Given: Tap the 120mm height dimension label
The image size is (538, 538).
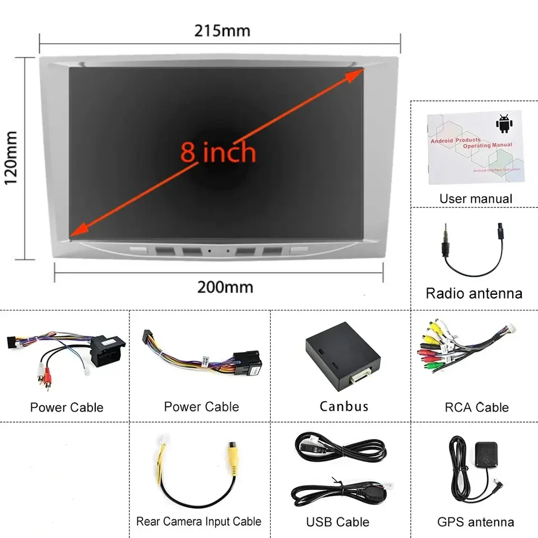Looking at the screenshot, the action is click(11, 157).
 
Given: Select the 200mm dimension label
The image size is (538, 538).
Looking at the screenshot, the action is click(225, 287).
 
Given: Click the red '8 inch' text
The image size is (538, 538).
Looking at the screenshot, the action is click(218, 152).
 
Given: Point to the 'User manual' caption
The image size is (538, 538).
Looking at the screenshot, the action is click(475, 198).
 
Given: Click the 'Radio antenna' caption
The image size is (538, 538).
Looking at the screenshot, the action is click(474, 293).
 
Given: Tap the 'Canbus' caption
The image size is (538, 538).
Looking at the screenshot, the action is click(344, 406).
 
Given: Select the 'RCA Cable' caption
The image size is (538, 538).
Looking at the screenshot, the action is click(476, 407).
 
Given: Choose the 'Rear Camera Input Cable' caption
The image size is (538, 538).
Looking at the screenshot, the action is click(198, 521).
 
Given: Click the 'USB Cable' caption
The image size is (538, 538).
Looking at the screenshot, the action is click(337, 522).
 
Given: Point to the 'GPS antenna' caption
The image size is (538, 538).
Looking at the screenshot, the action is click(475, 522).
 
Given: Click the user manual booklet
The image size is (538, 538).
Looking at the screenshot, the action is click(475, 147).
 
